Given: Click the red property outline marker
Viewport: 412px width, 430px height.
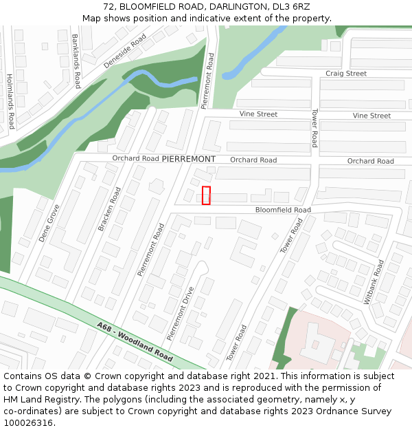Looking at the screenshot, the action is tap(206, 195).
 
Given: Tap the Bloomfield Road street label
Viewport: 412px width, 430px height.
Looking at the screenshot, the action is tap(283, 210).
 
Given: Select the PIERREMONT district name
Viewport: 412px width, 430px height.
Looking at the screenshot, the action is tap(189, 159).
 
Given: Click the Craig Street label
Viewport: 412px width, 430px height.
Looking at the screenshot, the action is tap(346, 74).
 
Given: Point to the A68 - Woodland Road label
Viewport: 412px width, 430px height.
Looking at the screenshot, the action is tap(135, 341).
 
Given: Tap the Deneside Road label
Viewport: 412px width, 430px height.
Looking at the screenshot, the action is tap(125, 52).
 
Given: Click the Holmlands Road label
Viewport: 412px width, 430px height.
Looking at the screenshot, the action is tap(10, 102).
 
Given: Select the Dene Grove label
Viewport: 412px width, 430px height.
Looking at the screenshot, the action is tap(49, 223).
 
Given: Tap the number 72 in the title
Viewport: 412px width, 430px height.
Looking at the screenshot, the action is tap(108, 6).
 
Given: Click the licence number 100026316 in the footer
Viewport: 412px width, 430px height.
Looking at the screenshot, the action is tap(28, 423).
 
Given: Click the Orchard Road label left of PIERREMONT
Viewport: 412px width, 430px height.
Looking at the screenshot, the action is tap(136, 158).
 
